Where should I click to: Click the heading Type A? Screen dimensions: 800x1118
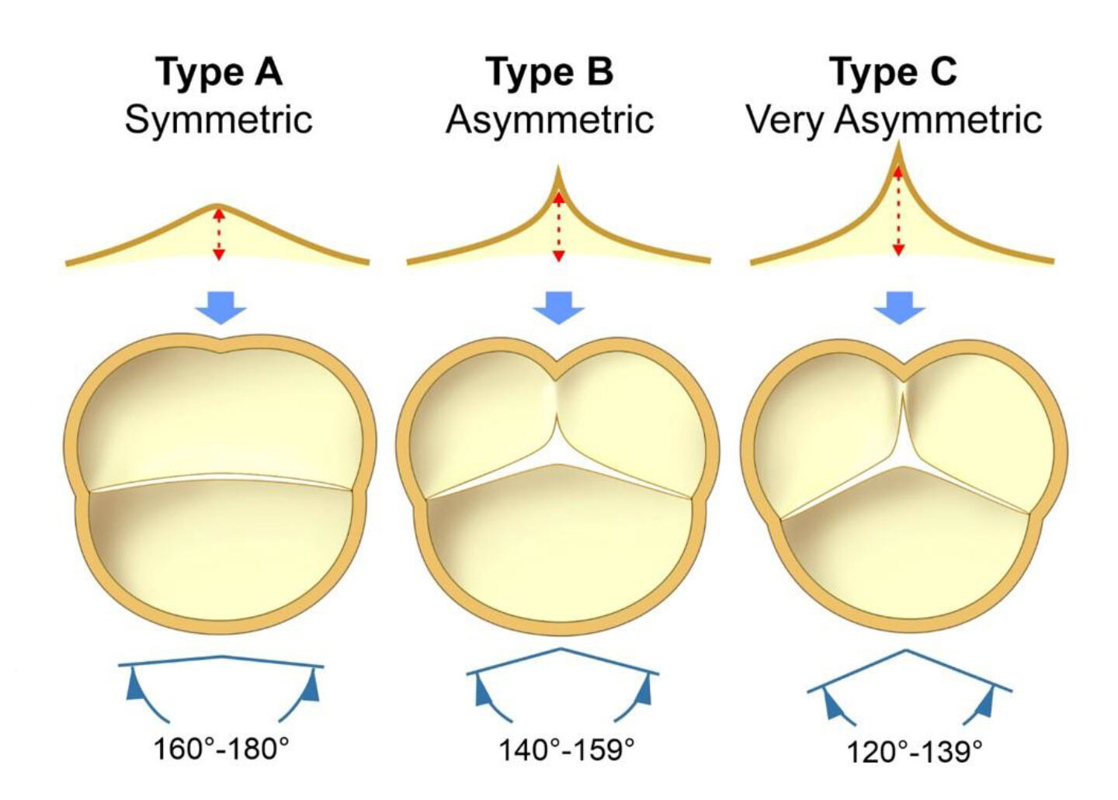[x=219, y=72]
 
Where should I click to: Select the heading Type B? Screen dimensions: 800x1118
[x=549, y=72]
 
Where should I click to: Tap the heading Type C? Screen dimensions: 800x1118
[x=893, y=72]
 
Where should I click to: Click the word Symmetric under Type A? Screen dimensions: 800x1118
[x=219, y=119]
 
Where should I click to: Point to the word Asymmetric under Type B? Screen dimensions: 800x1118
[x=550, y=119]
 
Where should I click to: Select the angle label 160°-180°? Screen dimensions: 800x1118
[x=221, y=750]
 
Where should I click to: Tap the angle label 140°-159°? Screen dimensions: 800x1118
[x=566, y=750]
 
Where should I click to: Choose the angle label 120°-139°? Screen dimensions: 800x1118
[x=914, y=752]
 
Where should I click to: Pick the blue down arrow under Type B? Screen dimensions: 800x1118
[x=558, y=307]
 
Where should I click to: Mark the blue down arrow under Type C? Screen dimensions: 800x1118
[x=899, y=307]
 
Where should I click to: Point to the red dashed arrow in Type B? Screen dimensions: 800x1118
[x=558, y=227]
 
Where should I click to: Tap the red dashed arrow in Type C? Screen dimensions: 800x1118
[x=898, y=211]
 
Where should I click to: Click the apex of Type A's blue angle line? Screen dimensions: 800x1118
[x=223, y=656]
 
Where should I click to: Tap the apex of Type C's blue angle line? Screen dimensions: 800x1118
[x=906, y=651]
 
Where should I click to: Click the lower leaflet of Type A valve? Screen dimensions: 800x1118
[x=220, y=551]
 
